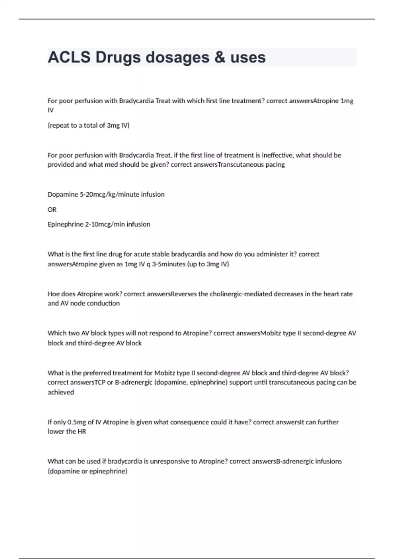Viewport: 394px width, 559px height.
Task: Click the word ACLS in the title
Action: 69,57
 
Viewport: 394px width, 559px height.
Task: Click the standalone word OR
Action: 52,209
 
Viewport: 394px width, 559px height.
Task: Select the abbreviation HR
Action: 82,431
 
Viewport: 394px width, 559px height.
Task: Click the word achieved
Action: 61,392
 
